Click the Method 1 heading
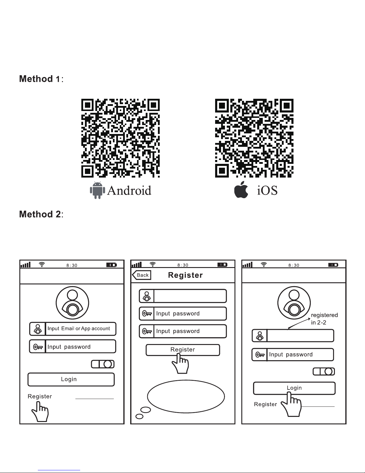(x=41, y=79)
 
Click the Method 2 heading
(x=41, y=214)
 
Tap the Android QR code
(x=120, y=138)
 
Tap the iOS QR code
(x=254, y=138)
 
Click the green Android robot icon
(x=97, y=190)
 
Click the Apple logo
(x=241, y=189)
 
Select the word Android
(x=129, y=190)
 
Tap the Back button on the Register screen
(x=142, y=275)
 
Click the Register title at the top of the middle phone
(x=185, y=275)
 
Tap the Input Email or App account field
(x=73, y=329)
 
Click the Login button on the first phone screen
(x=71, y=379)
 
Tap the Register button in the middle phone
(x=183, y=350)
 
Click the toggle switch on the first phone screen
(x=103, y=364)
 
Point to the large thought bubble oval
(x=186, y=396)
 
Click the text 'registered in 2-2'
(x=324, y=319)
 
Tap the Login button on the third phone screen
(x=294, y=388)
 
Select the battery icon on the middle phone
(x=222, y=265)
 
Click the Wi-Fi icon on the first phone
(x=42, y=264)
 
